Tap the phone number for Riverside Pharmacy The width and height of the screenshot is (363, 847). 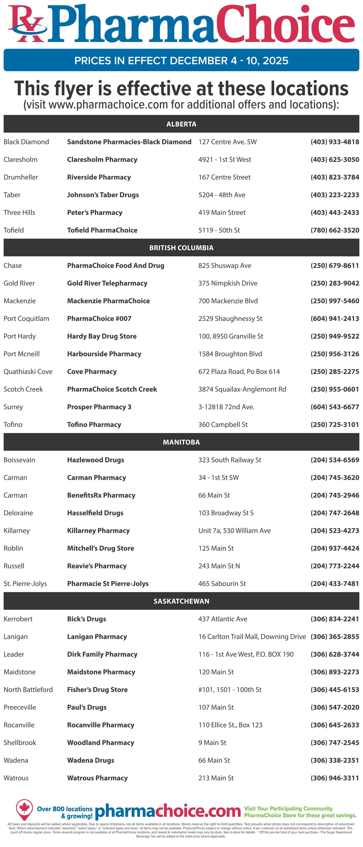tap(335, 177)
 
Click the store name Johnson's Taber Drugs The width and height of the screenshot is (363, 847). tap(103, 195)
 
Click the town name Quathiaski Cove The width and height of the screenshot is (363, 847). tap(28, 372)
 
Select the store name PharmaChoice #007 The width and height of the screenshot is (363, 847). tap(99, 319)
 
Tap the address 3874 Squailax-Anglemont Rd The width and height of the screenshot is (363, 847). tap(242, 389)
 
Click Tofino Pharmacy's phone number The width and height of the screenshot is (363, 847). tap(335, 424)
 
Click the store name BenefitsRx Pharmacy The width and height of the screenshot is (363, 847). tap(101, 495)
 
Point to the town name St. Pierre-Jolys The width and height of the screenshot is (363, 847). tap(25, 584)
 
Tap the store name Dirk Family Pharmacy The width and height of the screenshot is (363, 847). tap(102, 654)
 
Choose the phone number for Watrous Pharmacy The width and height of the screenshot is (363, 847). tap(335, 778)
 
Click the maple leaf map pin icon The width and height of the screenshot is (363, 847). tap(24, 809)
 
